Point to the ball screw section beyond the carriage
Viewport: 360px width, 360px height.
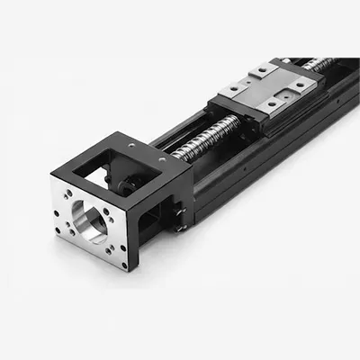(319, 64)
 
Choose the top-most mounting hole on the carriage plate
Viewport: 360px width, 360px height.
(262, 69)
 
